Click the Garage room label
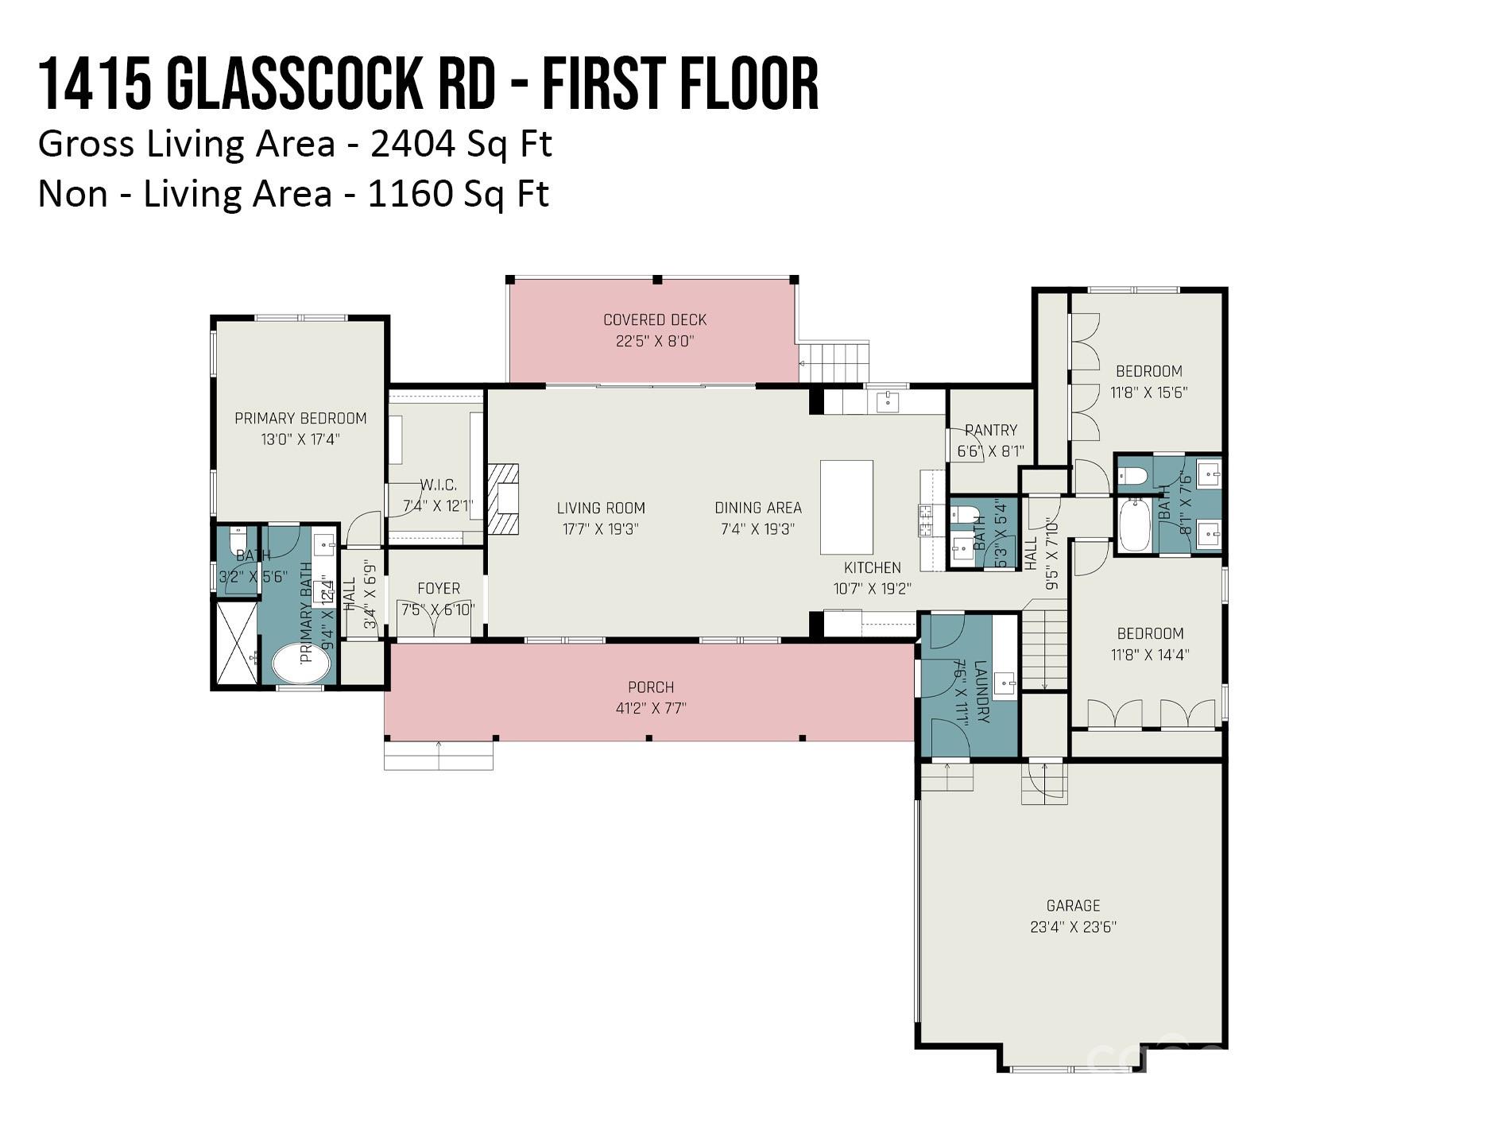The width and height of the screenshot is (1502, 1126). [x=1073, y=905]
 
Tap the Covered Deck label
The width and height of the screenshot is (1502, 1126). [x=655, y=319]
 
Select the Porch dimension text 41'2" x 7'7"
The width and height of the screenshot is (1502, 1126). [x=651, y=708]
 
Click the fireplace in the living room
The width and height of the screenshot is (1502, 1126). [x=503, y=499]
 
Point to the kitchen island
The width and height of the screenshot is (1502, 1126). [x=846, y=507]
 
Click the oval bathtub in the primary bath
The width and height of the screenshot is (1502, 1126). [x=301, y=663]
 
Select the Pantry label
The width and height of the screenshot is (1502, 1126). [x=991, y=430]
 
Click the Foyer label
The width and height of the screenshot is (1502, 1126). [x=439, y=588]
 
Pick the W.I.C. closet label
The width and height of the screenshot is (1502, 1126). [x=438, y=484]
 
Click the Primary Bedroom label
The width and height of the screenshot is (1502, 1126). [x=300, y=418]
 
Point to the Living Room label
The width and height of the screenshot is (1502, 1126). [x=601, y=508]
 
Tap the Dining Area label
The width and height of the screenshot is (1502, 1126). [x=758, y=507]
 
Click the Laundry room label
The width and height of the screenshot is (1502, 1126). [x=981, y=691]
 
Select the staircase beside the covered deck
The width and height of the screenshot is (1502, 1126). [x=834, y=362]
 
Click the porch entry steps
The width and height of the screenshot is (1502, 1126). [x=439, y=755]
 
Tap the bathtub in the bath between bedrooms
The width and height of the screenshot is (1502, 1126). [x=1134, y=524]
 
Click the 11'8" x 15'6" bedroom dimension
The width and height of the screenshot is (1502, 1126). [x=1149, y=392]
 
